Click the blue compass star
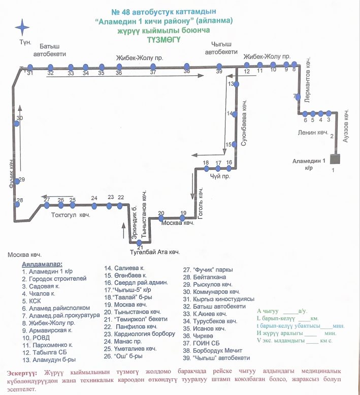click(22, 26)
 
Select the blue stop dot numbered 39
click(219, 66)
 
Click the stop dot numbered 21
click(133, 242)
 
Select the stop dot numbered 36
click(119, 67)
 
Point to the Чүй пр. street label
click(219, 176)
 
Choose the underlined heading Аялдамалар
click(42, 264)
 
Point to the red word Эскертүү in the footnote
click(25, 373)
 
